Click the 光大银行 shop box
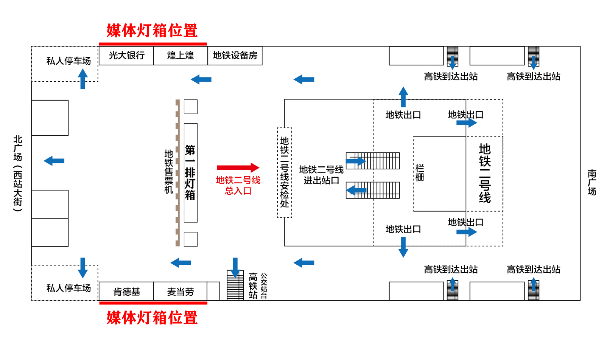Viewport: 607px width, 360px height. coord(126,56)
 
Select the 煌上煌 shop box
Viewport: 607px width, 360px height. coord(181,56)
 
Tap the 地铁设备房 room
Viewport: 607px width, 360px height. coord(235,56)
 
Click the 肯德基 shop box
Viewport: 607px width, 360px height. coord(126,292)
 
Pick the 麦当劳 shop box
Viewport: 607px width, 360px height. coord(181,292)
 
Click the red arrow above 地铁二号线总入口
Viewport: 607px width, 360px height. coord(238,167)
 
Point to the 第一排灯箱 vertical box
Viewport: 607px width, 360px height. coord(190,172)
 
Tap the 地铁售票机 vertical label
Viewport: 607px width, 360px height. coord(169,172)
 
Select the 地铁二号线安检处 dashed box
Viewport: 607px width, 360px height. coord(285,172)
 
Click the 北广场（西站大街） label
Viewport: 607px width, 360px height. coord(18,173)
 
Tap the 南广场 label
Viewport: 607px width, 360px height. coord(592,182)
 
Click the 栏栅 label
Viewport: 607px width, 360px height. coord(420,173)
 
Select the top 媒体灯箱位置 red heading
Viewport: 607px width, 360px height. coord(152,31)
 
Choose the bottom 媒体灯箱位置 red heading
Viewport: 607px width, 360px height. coord(152,318)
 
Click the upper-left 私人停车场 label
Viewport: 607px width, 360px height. coord(68,61)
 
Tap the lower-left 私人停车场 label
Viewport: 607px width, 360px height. coord(68,288)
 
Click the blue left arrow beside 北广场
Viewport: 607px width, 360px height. coord(54,161)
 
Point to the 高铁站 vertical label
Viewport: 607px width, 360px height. coord(253,286)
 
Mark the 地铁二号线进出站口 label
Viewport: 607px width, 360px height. coord(321,175)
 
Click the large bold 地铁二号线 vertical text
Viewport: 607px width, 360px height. coord(484,173)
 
